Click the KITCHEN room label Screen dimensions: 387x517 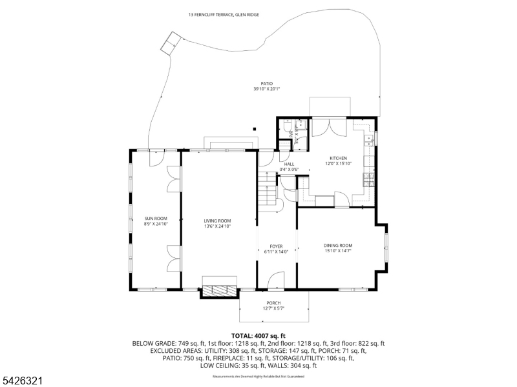click(338, 158)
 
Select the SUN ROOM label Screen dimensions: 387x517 click(155, 219)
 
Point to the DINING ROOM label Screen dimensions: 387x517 click(337, 245)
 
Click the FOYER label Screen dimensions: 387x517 click(277, 246)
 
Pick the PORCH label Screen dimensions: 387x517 click(273, 303)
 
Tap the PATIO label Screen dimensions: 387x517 click(266, 84)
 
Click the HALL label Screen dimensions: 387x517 click(289, 164)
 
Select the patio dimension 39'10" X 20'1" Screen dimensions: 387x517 click(266, 89)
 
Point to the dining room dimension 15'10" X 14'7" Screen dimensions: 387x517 click(337, 251)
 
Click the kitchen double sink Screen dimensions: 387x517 click(369, 138)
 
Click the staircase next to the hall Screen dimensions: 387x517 click(266, 187)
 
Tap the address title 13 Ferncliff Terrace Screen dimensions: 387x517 click(224, 14)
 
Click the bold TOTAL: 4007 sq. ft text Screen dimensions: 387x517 click(258, 336)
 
